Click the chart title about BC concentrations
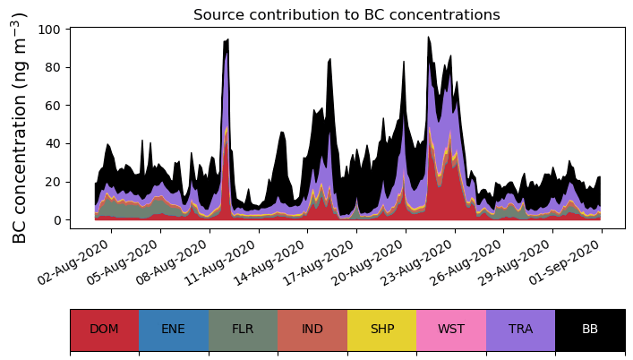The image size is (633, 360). click(346, 14)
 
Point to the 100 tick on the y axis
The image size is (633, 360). click(49, 30)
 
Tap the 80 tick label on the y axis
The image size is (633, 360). click(53, 67)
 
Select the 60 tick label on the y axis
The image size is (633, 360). click(53, 106)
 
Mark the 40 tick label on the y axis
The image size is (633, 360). click(53, 143)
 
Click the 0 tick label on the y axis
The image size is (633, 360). click(56, 219)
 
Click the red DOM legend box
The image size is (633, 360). click(104, 330)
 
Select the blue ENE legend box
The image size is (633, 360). click(174, 330)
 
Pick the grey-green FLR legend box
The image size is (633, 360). click(243, 330)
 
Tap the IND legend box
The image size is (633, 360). click(312, 330)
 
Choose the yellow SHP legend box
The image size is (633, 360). click(382, 330)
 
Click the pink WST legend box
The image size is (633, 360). click(451, 330)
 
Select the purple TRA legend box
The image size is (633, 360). click(521, 330)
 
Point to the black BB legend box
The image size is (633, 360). click(590, 330)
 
